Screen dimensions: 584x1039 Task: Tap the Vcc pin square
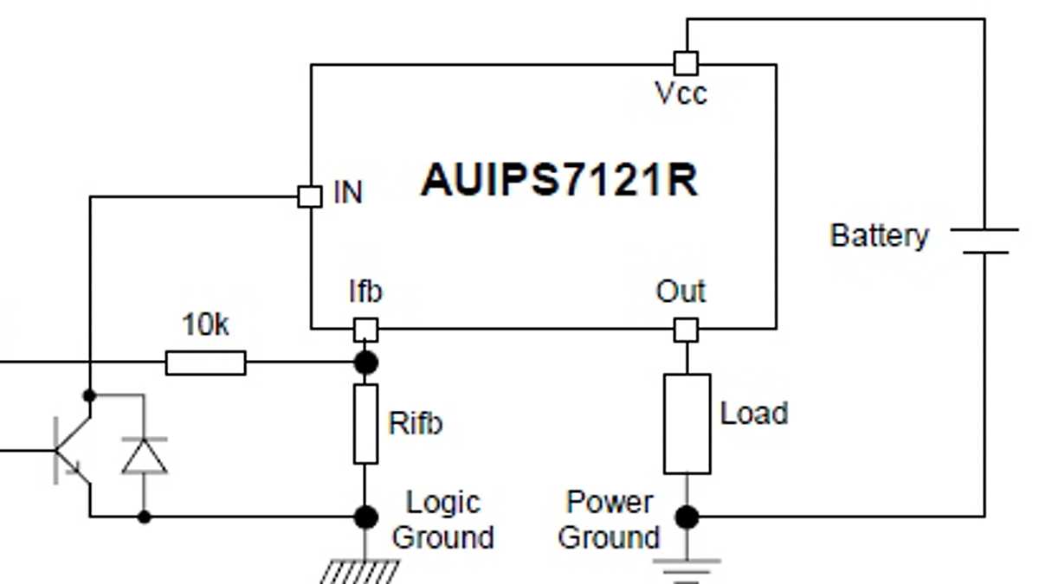(686, 63)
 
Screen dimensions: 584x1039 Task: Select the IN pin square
(309, 196)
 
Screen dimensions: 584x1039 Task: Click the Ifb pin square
(365, 330)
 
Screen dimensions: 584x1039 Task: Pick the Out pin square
(686, 330)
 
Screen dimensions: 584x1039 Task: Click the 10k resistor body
(205, 363)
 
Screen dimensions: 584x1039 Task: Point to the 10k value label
(205, 326)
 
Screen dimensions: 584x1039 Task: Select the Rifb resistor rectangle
(365, 424)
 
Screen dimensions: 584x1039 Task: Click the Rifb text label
(415, 424)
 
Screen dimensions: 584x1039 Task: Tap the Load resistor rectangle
(687, 424)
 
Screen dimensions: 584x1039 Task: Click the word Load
(753, 414)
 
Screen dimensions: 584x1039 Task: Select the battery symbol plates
(984, 241)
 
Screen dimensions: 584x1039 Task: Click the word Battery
(878, 235)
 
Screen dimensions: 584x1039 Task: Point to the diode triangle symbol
(144, 455)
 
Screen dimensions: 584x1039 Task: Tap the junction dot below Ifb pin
(366, 362)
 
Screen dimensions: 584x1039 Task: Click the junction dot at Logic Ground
(366, 517)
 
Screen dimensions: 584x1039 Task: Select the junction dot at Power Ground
(687, 517)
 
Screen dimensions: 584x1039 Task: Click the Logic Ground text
(442, 519)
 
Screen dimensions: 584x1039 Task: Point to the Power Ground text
(609, 519)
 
